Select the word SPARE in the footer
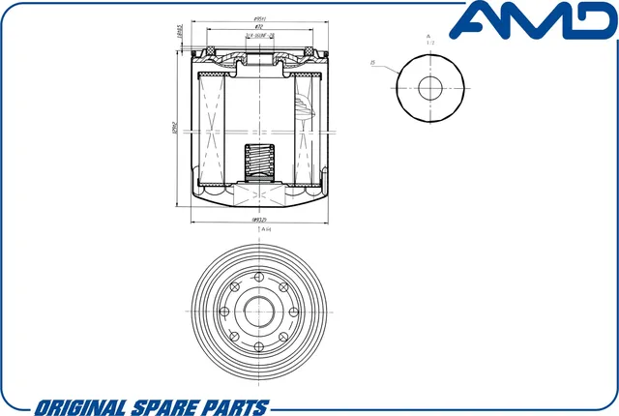click(x=170, y=404)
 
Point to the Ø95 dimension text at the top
click(x=259, y=19)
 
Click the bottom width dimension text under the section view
click(x=259, y=221)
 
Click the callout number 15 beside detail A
click(x=372, y=65)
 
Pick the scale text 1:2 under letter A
click(x=428, y=43)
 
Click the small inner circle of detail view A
click(x=428, y=85)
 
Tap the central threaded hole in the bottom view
click(x=259, y=312)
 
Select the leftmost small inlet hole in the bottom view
click(x=224, y=312)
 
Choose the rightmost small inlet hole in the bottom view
click(x=293, y=312)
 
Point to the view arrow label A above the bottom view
click(x=259, y=230)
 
